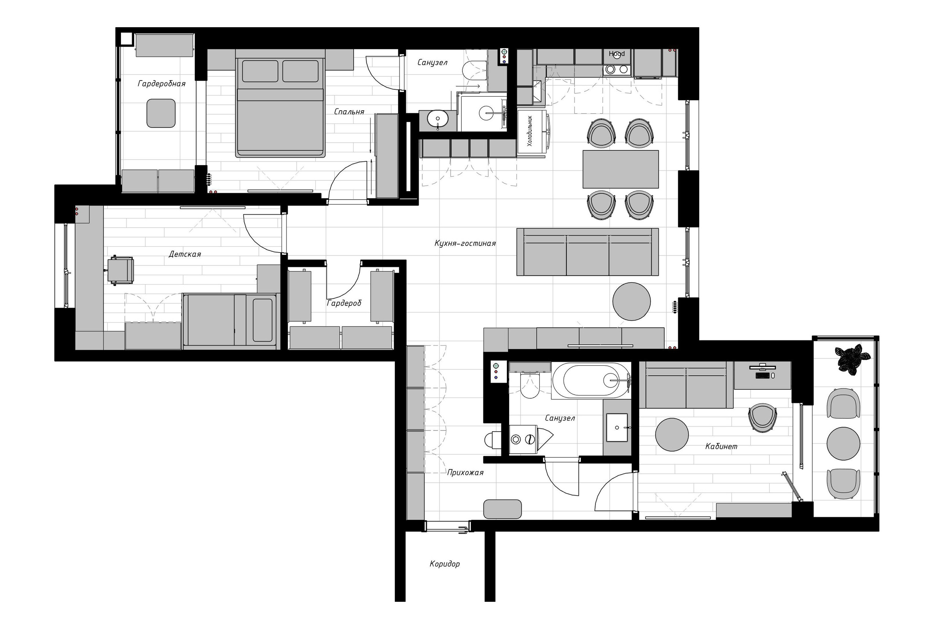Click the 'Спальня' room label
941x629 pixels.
tap(349, 111)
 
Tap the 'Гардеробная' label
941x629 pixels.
tap(161, 83)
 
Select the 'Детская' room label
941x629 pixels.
tap(185, 254)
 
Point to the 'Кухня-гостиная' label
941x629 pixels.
tap(465, 243)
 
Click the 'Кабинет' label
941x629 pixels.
tap(721, 446)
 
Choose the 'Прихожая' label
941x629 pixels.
tap(465, 472)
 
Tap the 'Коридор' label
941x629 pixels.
tap(444, 564)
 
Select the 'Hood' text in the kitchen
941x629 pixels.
tap(616, 53)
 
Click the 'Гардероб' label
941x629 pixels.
tap(344, 303)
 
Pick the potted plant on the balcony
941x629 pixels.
tap(851, 358)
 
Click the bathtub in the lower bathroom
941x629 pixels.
tap(591, 381)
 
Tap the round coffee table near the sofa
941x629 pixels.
tap(631, 301)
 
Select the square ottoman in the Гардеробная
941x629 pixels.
tap(161, 113)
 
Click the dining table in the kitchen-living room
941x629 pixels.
tap(620, 169)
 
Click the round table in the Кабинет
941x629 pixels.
tap(672, 435)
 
